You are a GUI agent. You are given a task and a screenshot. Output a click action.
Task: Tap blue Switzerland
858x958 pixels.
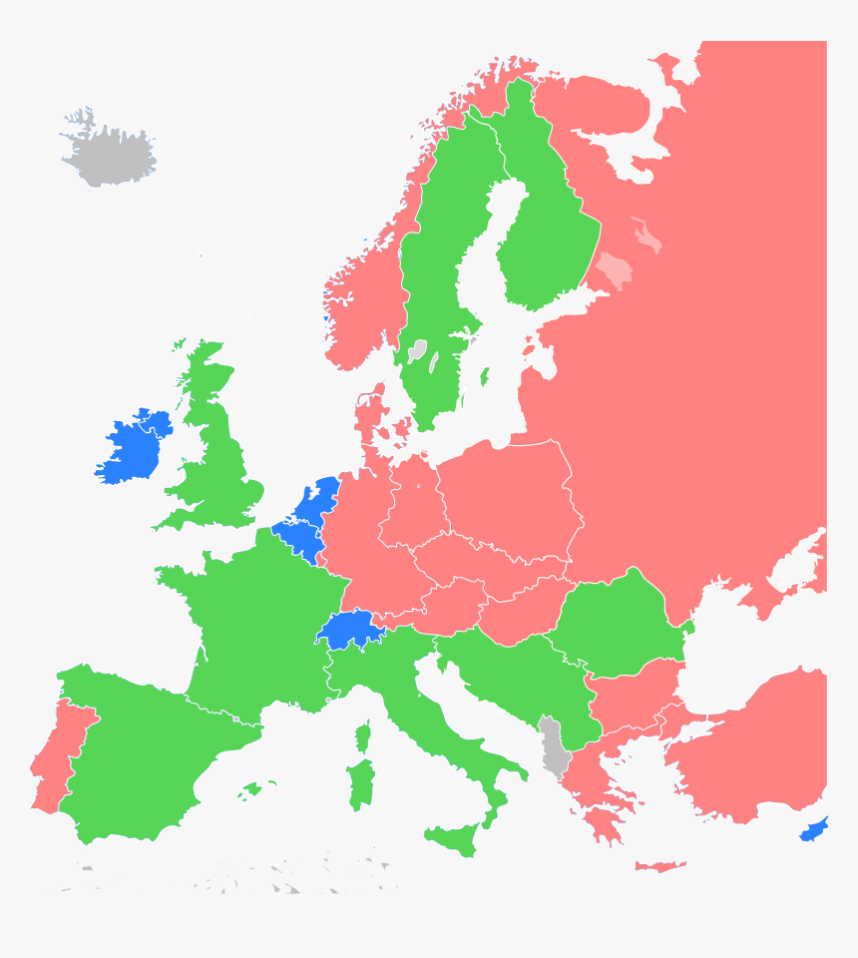(345, 629)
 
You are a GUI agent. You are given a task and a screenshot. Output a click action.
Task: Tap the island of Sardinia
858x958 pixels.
(360, 783)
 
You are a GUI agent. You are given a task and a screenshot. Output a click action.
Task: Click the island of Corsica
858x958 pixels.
(363, 736)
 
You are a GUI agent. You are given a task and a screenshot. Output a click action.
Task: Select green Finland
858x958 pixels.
(544, 220)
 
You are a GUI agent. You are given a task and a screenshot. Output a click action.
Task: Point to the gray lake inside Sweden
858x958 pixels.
(417, 350)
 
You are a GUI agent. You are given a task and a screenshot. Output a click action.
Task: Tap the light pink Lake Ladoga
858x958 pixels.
(614, 269)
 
